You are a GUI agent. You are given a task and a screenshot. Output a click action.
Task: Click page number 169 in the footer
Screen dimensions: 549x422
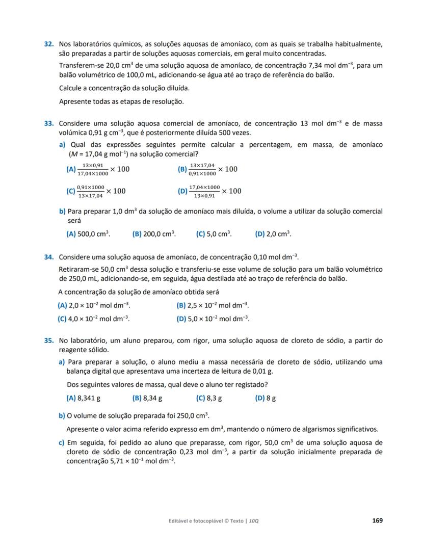[377, 520]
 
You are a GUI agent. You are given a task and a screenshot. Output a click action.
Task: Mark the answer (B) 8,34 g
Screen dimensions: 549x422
[147, 398]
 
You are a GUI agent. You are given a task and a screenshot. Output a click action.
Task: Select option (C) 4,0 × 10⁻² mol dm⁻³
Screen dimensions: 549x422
[94, 319]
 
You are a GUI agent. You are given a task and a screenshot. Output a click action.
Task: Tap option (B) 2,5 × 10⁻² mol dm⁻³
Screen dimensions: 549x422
[213, 305]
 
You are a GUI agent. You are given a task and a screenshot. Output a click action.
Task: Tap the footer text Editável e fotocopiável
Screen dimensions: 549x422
[198, 521]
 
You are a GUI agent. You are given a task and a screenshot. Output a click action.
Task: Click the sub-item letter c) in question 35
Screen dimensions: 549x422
[61, 443]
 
